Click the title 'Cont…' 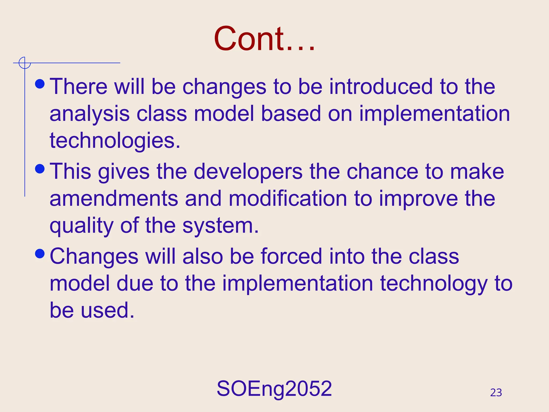click(264, 39)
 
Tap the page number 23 click(496, 393)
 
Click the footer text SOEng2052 click(274, 389)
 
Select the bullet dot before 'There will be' click(40, 84)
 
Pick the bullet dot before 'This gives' click(40, 169)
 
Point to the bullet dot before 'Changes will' click(40, 253)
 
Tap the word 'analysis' click(90, 114)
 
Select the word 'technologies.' click(115, 141)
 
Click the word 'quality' click(81, 226)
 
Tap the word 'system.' click(220, 226)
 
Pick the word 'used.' click(107, 310)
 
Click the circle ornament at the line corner click(25, 63)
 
